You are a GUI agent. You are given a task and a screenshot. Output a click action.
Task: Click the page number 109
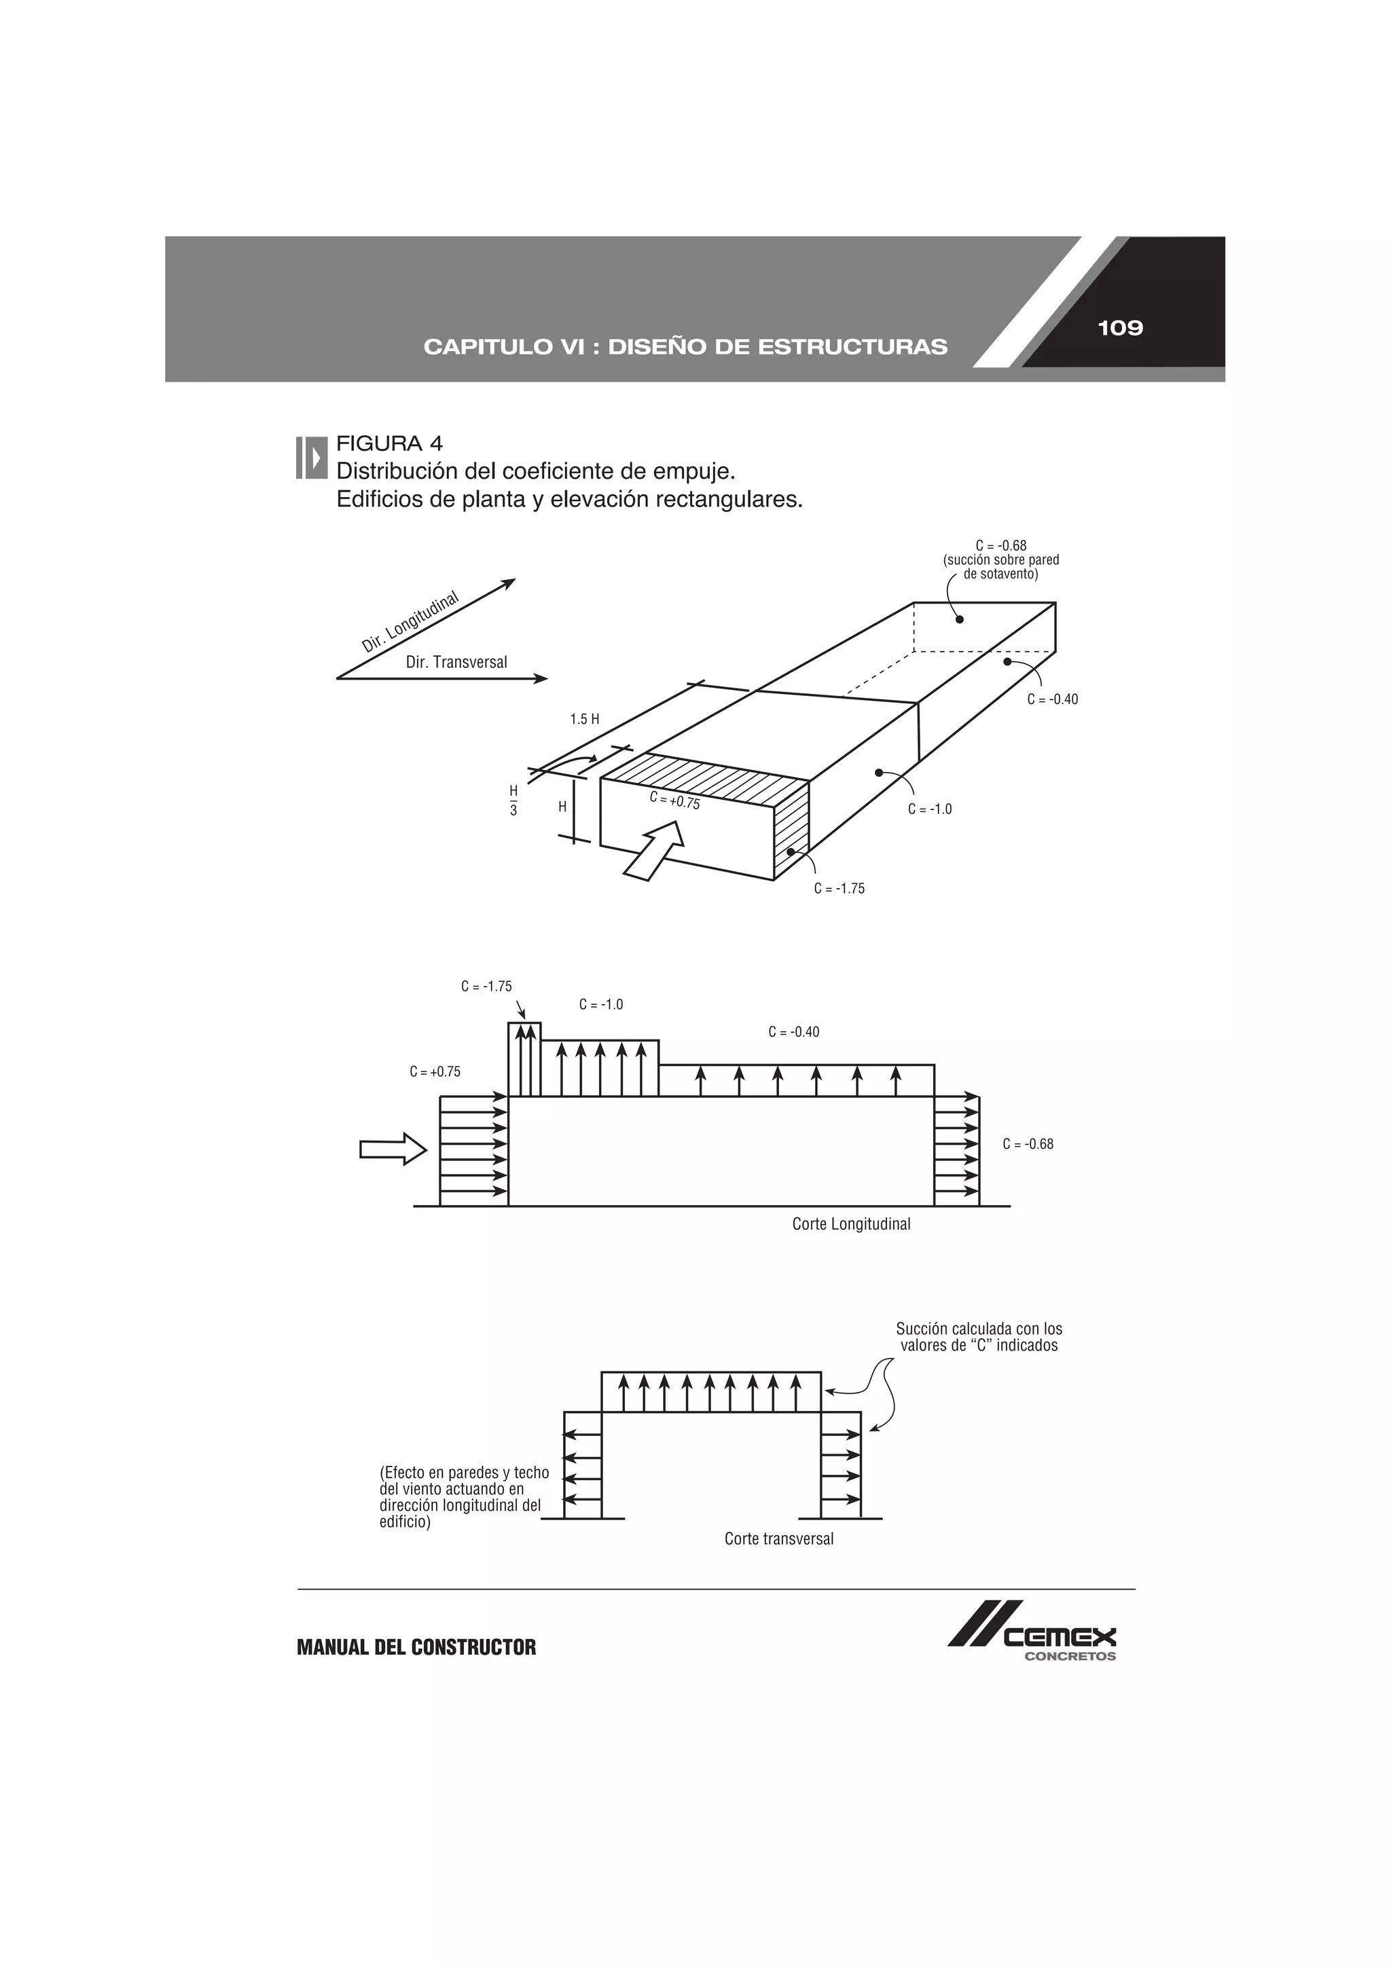tap(1119, 328)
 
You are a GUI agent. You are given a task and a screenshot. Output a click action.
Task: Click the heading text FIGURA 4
tap(389, 444)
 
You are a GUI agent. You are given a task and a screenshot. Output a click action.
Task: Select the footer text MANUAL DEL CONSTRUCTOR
tap(416, 1647)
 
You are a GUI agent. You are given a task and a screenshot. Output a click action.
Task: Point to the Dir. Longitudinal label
tap(410, 623)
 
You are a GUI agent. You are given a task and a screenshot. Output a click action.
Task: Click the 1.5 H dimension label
tap(585, 719)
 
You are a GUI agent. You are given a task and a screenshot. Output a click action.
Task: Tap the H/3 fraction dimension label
tap(513, 799)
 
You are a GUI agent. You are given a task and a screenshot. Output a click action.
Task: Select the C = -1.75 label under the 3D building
tap(839, 888)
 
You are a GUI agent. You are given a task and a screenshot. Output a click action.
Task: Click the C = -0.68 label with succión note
tap(1001, 559)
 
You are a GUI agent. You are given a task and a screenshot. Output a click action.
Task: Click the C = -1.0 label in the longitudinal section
tap(601, 1004)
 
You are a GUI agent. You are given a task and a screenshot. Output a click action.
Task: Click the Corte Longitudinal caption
tap(851, 1224)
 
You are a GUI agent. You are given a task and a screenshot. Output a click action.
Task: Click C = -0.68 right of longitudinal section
tap(1028, 1143)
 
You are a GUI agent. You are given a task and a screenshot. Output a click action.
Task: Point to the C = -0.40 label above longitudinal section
tap(793, 1032)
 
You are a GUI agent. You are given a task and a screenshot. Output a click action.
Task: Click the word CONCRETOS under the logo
tap(1070, 1656)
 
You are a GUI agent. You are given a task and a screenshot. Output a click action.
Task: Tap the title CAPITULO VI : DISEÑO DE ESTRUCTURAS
tap(685, 347)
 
